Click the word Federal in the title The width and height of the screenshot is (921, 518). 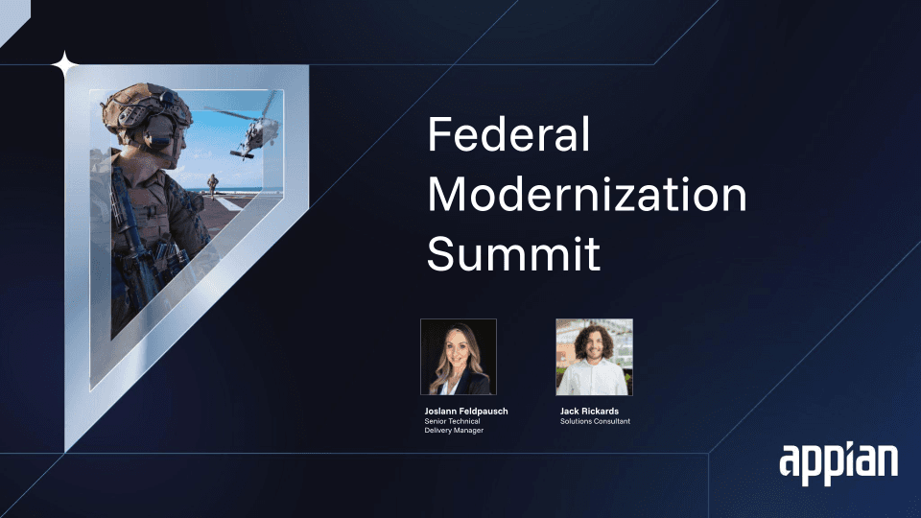(508, 134)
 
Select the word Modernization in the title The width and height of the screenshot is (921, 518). (587, 194)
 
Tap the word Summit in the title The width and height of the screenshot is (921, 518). (514, 253)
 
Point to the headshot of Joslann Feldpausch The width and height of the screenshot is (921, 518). (459, 357)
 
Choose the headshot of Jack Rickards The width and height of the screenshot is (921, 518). (594, 357)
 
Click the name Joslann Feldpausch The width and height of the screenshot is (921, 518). (466, 412)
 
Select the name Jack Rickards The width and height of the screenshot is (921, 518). (589, 412)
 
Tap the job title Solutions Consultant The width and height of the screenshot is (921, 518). (595, 421)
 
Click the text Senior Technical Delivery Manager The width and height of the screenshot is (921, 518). (454, 426)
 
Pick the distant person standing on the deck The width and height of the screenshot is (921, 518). (212, 185)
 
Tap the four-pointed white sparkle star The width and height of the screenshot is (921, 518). (64, 65)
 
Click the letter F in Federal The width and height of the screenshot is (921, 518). (438, 134)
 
